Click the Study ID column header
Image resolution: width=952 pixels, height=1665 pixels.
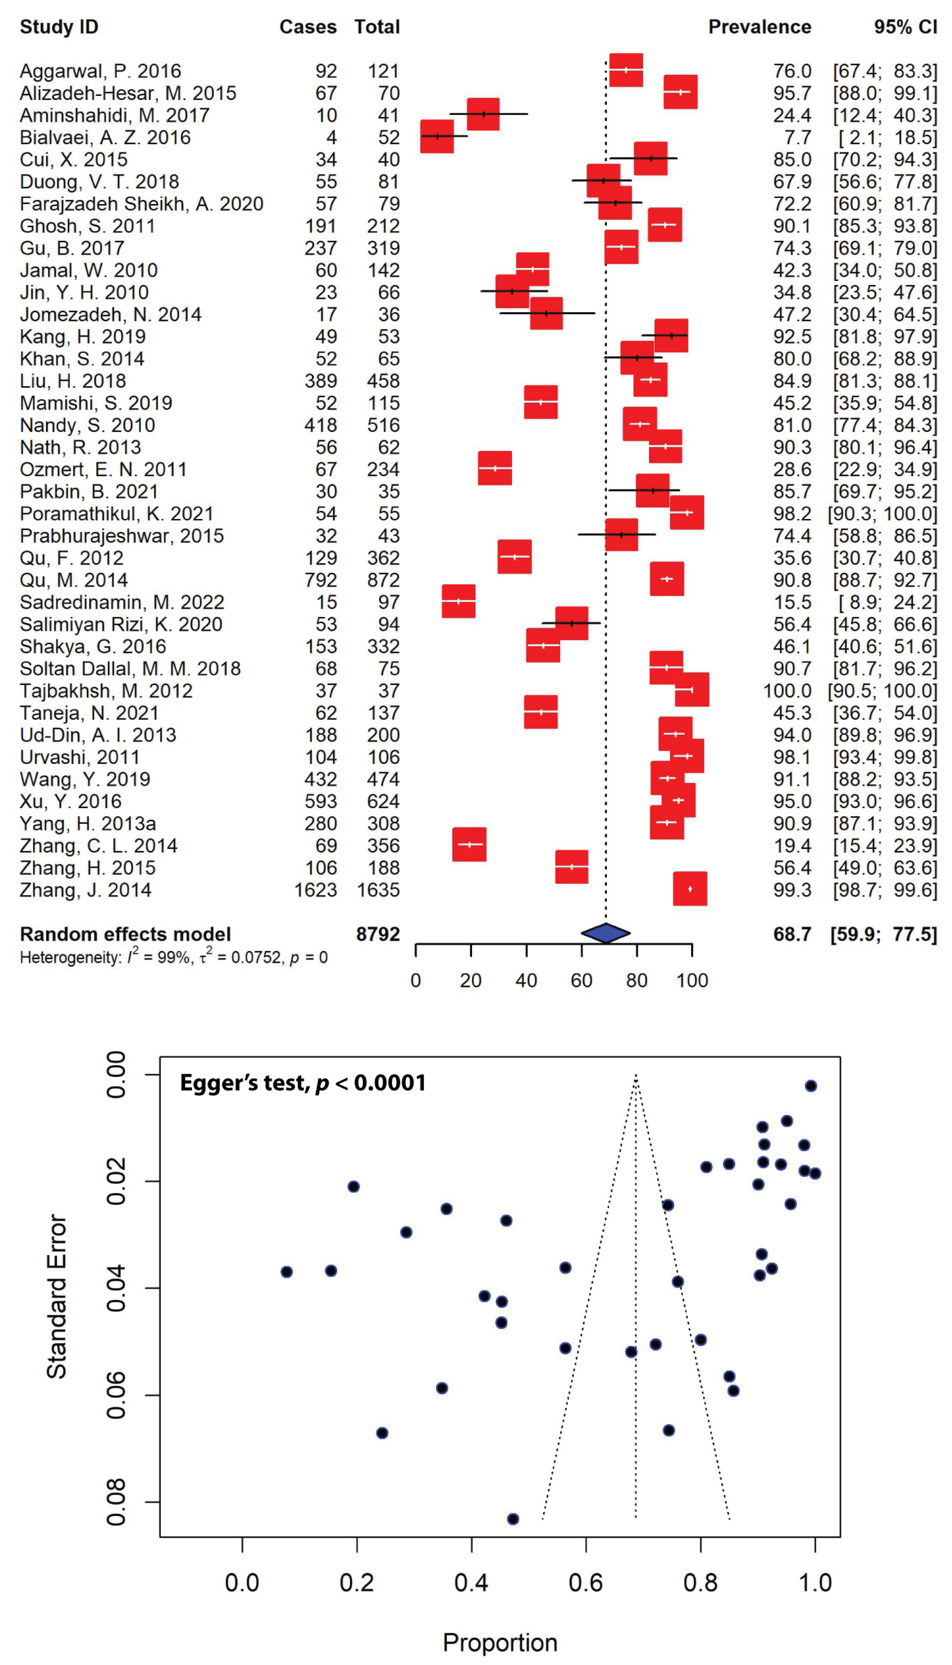[59, 27]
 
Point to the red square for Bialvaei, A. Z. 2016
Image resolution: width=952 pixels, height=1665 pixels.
[437, 137]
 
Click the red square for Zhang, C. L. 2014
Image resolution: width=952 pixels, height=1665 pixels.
[469, 845]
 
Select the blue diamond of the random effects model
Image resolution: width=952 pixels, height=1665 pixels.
[605, 933]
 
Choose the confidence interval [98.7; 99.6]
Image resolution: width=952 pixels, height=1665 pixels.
[885, 890]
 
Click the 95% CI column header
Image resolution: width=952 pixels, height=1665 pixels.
[905, 27]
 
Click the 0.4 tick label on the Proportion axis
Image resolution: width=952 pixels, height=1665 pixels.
[471, 1583]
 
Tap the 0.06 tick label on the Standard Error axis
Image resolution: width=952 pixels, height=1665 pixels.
[116, 1395]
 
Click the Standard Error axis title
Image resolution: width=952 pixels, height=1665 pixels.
[57, 1297]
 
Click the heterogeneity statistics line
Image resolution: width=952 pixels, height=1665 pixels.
[173, 958]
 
